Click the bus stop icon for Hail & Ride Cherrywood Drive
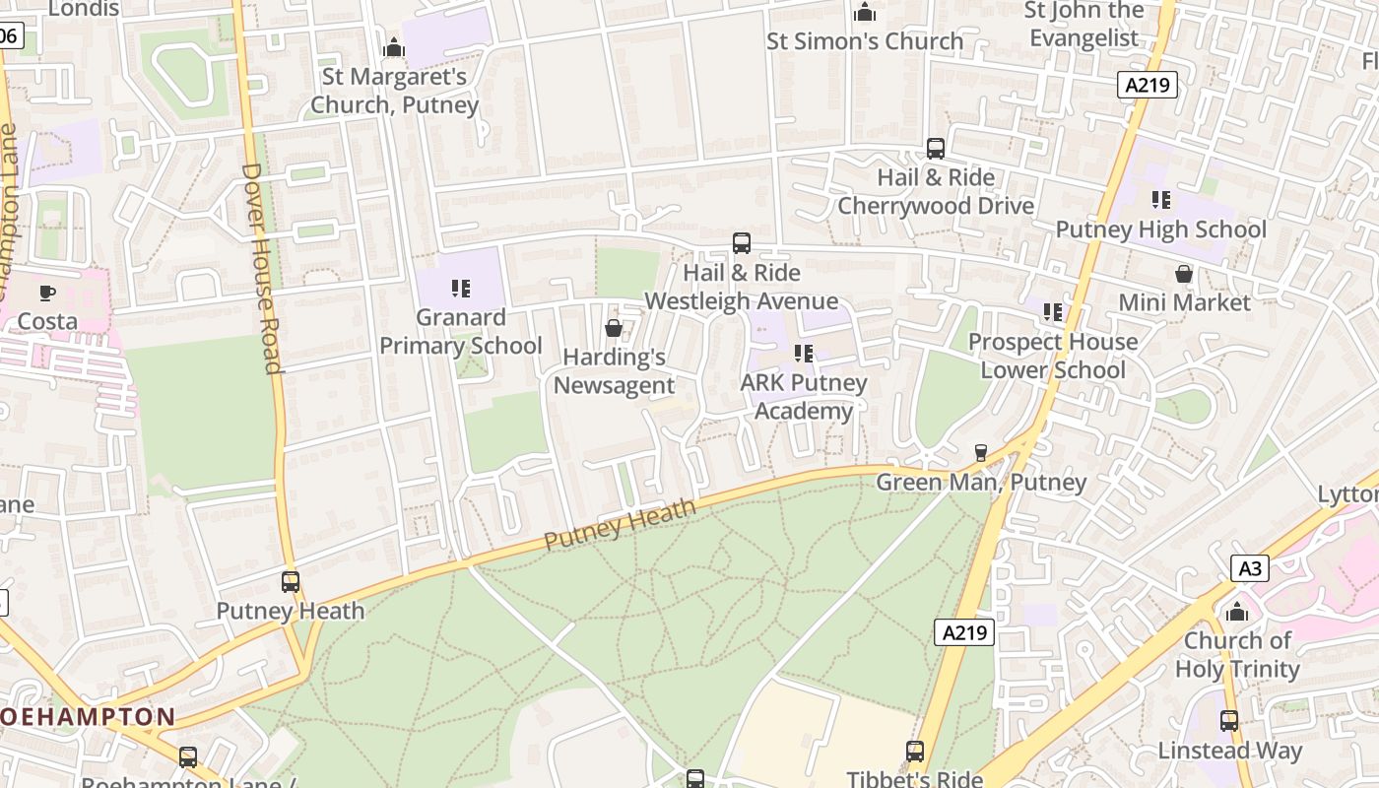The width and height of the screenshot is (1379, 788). [936, 149]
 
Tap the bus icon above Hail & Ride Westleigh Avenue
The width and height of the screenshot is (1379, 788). [742, 243]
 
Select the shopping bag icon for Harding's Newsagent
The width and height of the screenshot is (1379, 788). [614, 328]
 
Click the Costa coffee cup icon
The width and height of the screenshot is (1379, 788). [46, 293]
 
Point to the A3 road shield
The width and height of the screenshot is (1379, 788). [1249, 568]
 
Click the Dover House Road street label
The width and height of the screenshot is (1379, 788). [262, 268]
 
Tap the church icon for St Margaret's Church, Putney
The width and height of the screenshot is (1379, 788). [394, 47]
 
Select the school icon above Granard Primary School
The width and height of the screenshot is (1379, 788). [460, 289]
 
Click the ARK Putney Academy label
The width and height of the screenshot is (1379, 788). [804, 397]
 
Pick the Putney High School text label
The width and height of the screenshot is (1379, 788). [1161, 230]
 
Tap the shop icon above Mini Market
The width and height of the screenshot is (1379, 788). [1184, 274]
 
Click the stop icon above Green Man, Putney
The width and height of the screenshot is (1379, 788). [980, 453]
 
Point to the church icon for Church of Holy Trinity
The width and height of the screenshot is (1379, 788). [1237, 612]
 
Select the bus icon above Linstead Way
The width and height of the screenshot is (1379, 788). [1229, 721]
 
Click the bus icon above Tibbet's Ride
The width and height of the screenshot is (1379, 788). [915, 752]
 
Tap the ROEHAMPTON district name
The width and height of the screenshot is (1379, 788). [89, 717]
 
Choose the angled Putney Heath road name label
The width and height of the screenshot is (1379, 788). [620, 525]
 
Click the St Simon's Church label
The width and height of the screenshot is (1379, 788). [865, 41]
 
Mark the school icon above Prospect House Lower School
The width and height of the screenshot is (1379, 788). [1053, 312]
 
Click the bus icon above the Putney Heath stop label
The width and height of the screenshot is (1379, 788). [291, 582]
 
